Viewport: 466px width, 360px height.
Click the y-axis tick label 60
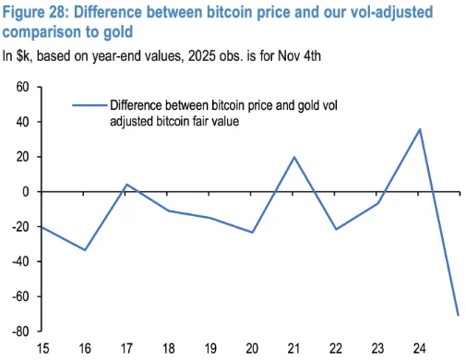click(23, 87)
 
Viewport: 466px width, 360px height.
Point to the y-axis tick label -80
click(21, 330)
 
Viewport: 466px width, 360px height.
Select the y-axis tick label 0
click(28, 191)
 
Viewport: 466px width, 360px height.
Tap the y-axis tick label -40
click(21, 261)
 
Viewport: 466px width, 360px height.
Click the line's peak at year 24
click(420, 129)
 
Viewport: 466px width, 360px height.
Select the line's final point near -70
click(458, 315)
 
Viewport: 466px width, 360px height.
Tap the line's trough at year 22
click(337, 229)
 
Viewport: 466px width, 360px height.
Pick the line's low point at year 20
click(253, 233)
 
